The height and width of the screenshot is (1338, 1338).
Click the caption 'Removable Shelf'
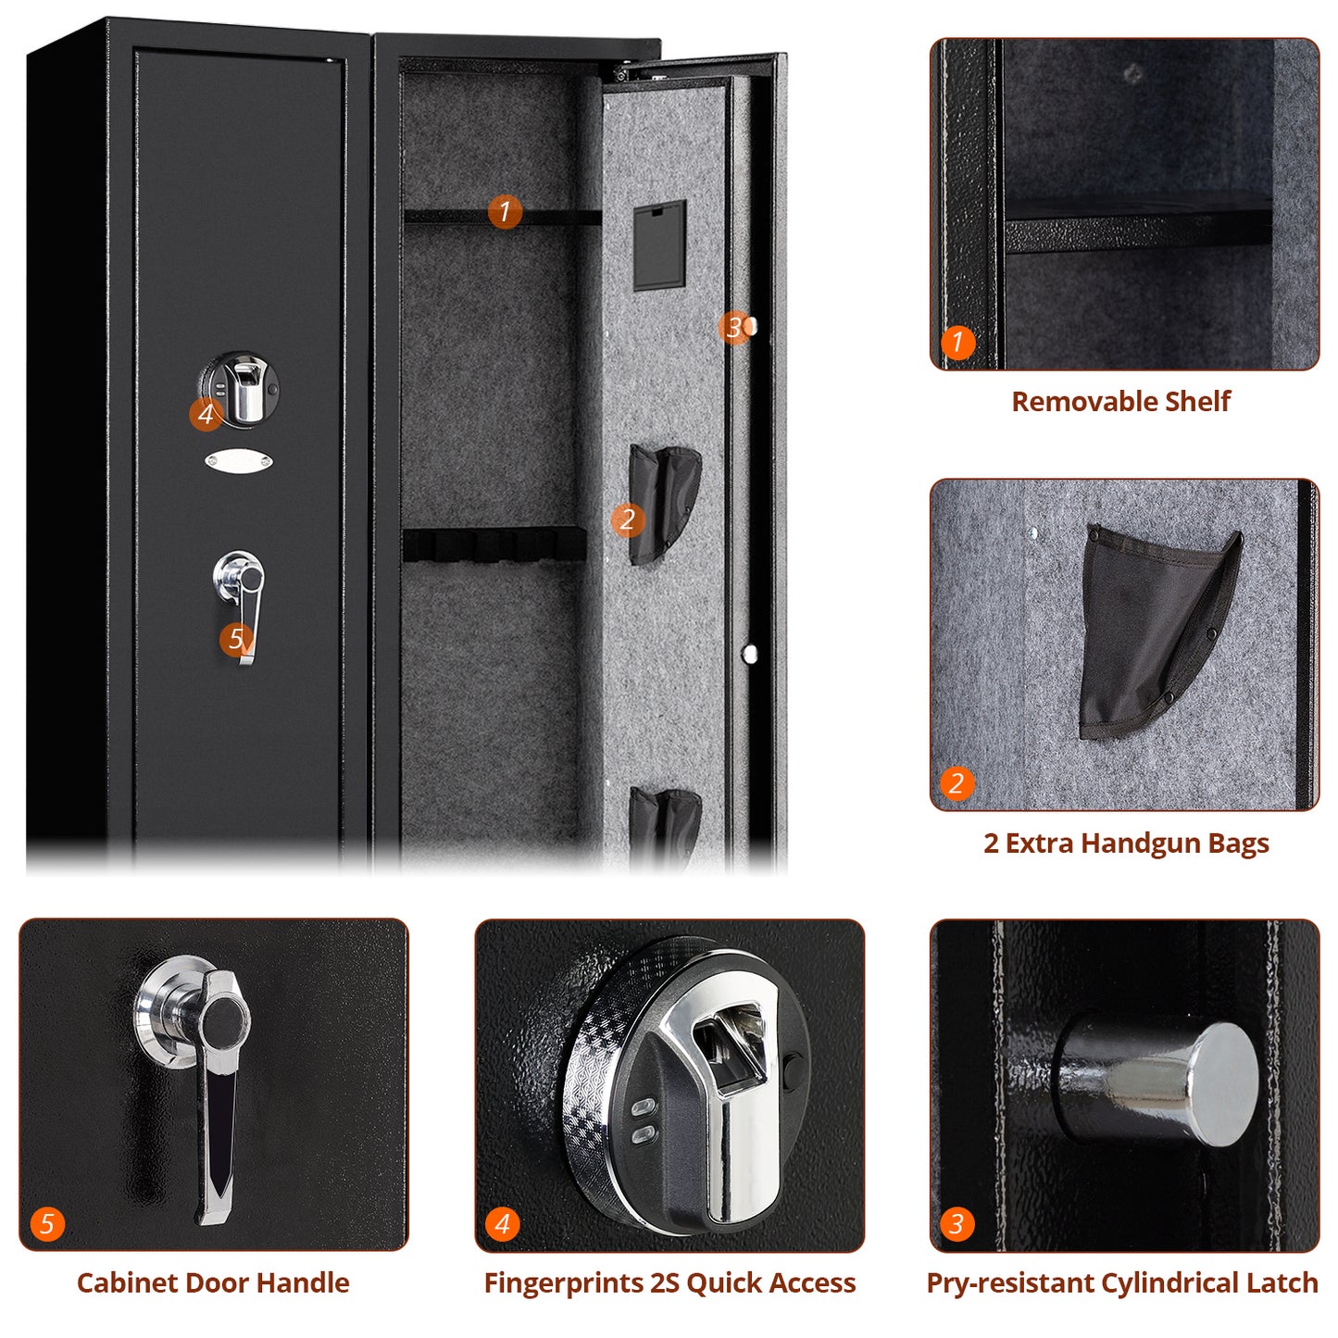(1120, 401)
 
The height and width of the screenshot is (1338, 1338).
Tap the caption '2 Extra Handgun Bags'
(1126, 843)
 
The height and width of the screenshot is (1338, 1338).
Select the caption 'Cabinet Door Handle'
(213, 1282)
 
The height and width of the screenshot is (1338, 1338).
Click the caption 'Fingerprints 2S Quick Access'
(669, 1282)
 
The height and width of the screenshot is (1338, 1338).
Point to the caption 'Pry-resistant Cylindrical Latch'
(1122, 1282)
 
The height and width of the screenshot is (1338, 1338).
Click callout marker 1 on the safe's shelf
(505, 212)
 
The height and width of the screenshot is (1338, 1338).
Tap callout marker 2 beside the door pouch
(627, 519)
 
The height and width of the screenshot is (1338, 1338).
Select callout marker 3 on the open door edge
(733, 327)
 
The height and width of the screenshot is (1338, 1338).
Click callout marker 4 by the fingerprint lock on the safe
(206, 414)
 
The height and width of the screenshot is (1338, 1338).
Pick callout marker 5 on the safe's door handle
(236, 638)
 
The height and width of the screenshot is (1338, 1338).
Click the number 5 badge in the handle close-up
(47, 1224)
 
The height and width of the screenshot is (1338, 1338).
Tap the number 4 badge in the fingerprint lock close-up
(502, 1224)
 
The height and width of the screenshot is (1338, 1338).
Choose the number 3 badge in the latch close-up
(957, 1224)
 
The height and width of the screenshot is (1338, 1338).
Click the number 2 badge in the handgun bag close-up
(957, 783)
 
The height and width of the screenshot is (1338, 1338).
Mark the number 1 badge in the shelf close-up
(957, 343)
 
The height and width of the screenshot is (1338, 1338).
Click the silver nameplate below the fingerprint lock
(239, 460)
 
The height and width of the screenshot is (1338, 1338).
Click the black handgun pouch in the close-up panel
(1148, 630)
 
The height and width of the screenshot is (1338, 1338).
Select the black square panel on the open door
(659, 245)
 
